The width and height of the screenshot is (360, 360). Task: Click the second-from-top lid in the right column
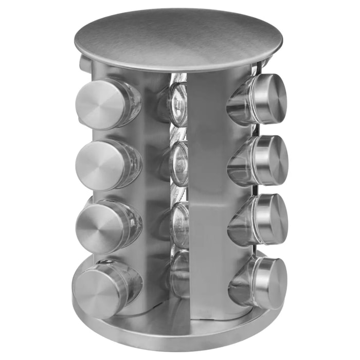271,159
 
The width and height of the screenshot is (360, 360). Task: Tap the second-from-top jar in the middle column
178,164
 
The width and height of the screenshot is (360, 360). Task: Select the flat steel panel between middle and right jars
208,195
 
